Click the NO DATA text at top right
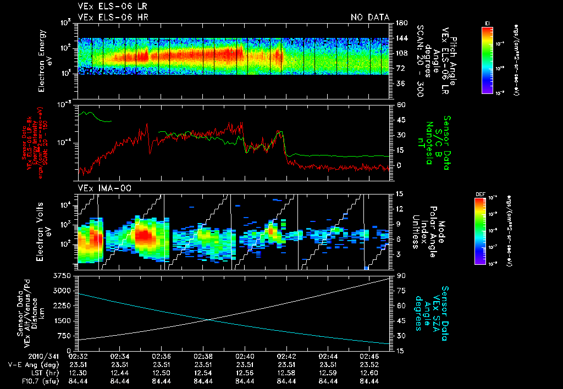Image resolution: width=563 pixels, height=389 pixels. pos(369,18)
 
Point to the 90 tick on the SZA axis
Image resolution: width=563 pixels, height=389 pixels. pos(398,275)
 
